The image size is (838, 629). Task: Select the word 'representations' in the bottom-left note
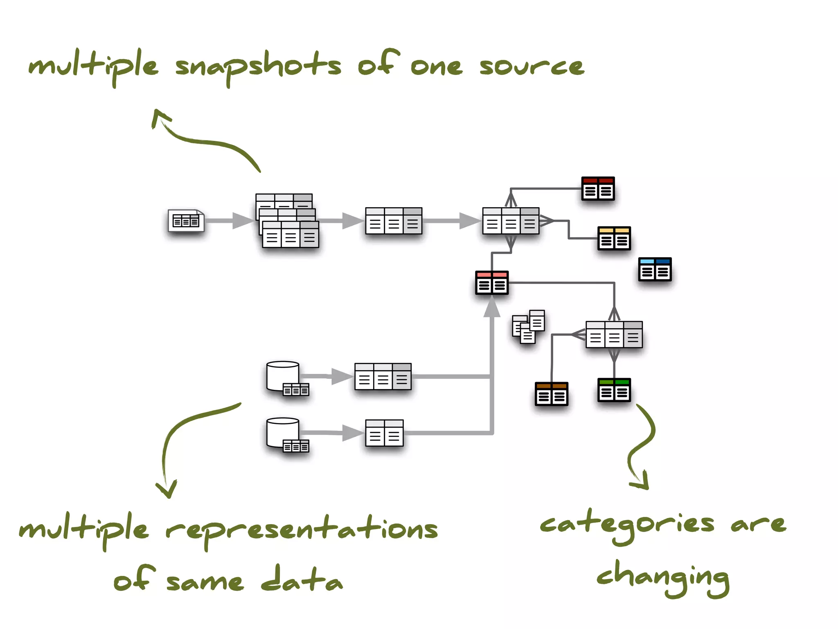click(x=302, y=529)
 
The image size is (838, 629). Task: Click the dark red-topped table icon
click(x=598, y=188)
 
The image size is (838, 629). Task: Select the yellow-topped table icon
click(x=614, y=238)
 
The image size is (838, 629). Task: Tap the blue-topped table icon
click(x=655, y=269)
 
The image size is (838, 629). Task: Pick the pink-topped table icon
click(x=491, y=283)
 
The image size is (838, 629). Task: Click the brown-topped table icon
click(x=551, y=394)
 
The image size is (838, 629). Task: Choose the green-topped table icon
click(x=614, y=390)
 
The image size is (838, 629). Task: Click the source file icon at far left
click(x=186, y=221)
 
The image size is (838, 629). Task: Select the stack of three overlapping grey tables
click(x=287, y=221)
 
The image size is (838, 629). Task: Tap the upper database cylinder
click(x=283, y=376)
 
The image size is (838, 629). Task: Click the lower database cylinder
click(x=283, y=432)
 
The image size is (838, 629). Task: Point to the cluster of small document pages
click(x=528, y=326)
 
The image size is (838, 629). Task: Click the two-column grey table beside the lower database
click(x=384, y=433)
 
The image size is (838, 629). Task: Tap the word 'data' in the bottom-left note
click(x=302, y=579)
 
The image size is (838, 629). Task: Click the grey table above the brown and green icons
click(x=614, y=335)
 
